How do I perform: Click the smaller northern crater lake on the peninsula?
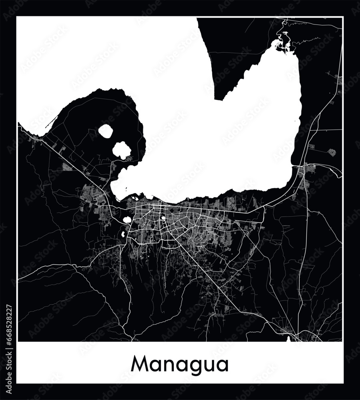pos(105,131)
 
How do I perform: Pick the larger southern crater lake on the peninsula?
pos(121,150)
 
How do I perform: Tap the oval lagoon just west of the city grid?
pos(128,220)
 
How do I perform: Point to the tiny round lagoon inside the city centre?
pos(163,218)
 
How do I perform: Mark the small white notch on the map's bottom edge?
pos(289,340)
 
